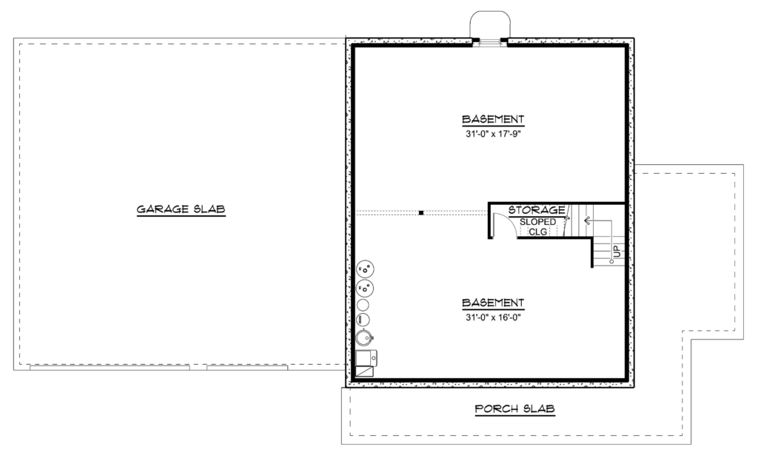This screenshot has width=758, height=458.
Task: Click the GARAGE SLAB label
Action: click(181, 209)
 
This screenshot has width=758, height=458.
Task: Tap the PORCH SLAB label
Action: click(514, 408)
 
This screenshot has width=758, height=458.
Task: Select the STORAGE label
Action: click(537, 210)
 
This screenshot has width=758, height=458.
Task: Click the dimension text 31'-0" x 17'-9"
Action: click(492, 134)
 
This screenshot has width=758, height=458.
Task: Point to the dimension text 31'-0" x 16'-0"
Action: click(492, 317)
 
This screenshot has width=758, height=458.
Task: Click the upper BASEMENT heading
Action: click(492, 119)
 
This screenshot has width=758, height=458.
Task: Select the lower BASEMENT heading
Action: click(492, 303)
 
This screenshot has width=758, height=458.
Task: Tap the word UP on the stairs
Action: click(617, 252)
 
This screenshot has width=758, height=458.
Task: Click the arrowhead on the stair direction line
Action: click(587, 220)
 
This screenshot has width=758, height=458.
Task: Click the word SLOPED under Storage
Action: click(537, 222)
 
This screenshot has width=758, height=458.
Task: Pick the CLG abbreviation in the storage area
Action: click(537, 232)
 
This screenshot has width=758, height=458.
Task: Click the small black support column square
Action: click(421, 212)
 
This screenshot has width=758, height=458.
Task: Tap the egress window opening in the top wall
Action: click(490, 42)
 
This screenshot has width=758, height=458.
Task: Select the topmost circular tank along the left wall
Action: click(365, 269)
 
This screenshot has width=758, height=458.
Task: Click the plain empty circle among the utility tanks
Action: click(363, 305)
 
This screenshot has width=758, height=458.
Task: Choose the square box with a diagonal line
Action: click(364, 371)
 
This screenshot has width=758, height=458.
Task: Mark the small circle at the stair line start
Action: click(611, 261)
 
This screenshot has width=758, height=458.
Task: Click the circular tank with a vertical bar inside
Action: click(363, 320)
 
